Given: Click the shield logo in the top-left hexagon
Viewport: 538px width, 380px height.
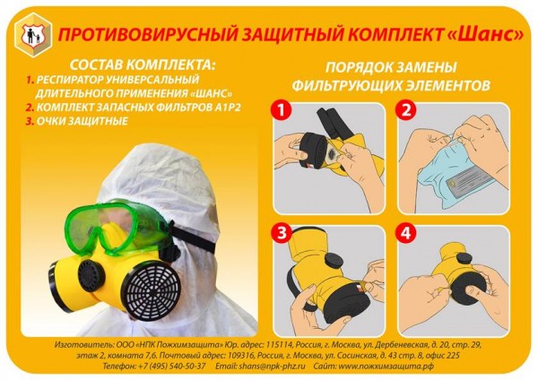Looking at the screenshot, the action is point(33,35).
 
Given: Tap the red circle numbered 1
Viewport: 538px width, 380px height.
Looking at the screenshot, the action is point(282,110).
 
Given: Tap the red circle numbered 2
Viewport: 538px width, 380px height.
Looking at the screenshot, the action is point(406,110).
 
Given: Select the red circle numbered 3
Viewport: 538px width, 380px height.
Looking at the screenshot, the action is point(282,233).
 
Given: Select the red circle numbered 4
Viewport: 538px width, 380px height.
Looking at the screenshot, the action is point(406,233).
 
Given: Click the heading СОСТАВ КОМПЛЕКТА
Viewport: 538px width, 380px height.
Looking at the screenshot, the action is point(143,65).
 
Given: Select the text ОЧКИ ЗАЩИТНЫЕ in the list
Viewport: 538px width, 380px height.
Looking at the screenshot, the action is point(82,121).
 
